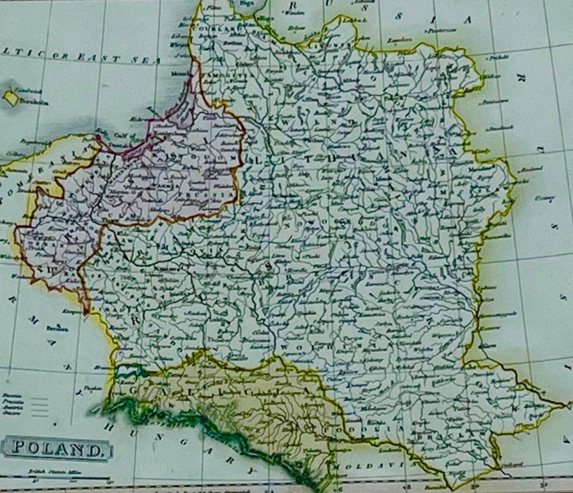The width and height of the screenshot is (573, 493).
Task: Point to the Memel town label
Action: pyautogui.click(x=177, y=75)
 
